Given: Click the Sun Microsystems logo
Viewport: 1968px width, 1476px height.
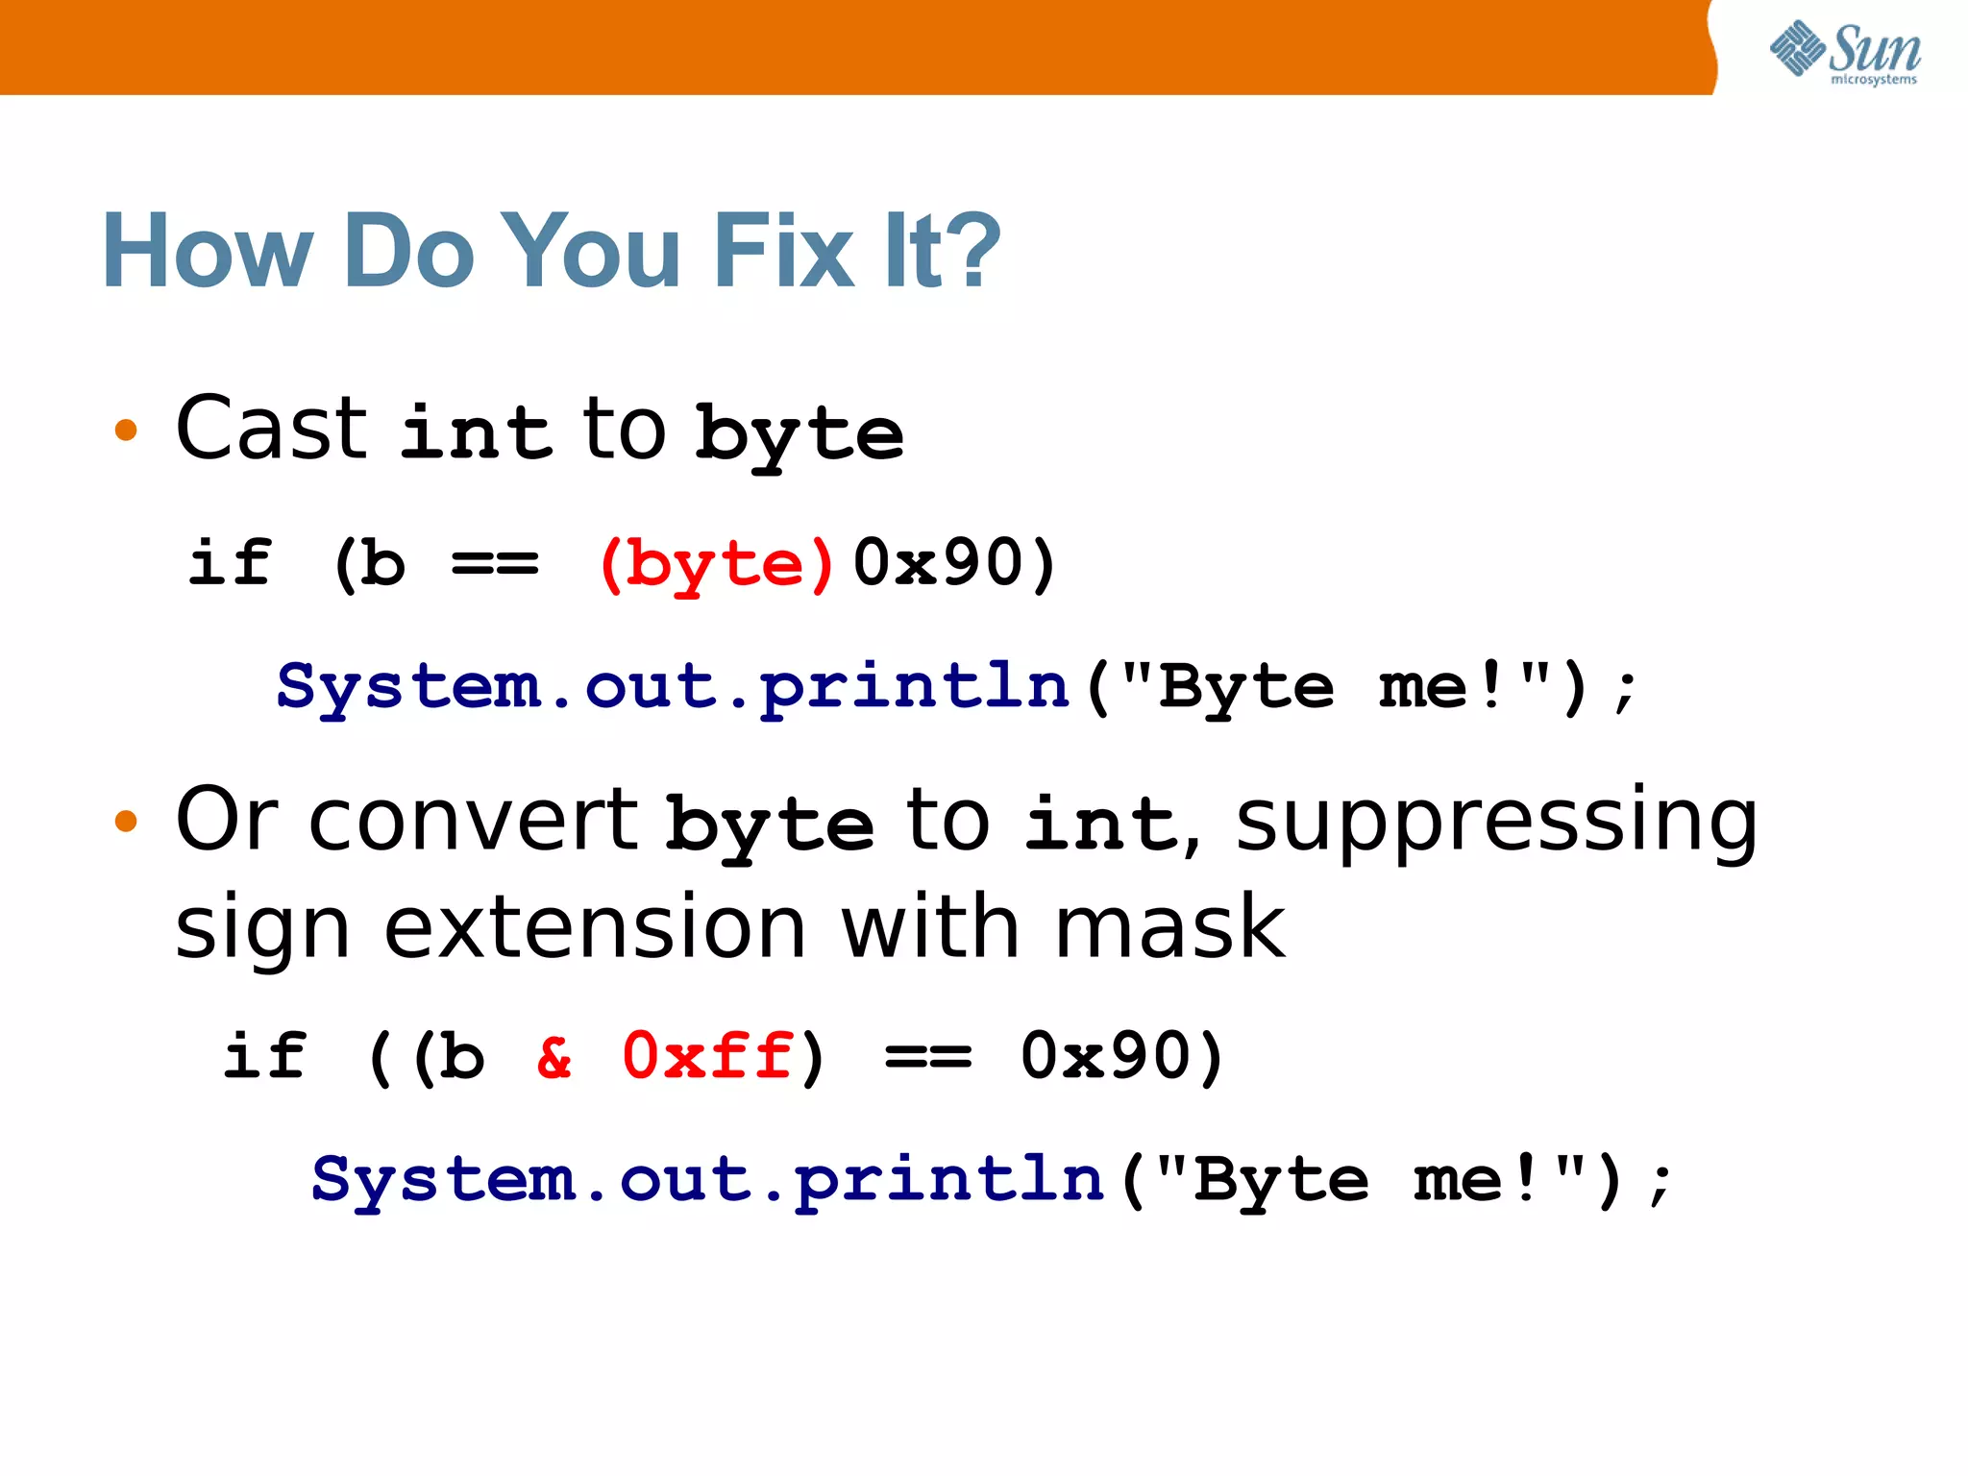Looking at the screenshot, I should (x=1845, y=52).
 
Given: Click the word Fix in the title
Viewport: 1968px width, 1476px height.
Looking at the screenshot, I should (x=783, y=252).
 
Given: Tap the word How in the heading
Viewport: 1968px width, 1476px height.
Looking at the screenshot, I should (x=208, y=252).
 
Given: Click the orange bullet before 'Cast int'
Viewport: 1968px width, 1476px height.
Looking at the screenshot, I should (x=126, y=430).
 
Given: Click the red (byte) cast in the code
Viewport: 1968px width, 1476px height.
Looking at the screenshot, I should (x=716, y=564).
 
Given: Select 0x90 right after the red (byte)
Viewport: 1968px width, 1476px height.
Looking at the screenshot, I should (x=942, y=563).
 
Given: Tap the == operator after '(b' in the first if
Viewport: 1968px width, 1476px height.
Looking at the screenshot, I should (x=495, y=564).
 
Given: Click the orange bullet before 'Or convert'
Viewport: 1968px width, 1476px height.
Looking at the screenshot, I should (x=126, y=821).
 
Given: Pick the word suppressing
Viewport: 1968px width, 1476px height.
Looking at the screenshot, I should (x=1496, y=823).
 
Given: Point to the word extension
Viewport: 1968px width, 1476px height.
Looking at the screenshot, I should (x=595, y=927).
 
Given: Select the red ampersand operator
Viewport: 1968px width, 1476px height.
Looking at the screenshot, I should (x=554, y=1057).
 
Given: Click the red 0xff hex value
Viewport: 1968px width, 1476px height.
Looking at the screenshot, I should (x=708, y=1057).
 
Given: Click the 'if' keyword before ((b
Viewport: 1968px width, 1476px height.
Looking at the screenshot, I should (x=264, y=1057).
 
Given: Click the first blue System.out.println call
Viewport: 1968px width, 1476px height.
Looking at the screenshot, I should (x=673, y=687).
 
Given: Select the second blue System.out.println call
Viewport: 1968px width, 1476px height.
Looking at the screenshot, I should (x=708, y=1180).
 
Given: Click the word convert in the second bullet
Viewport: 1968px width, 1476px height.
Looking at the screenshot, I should (x=473, y=821).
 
